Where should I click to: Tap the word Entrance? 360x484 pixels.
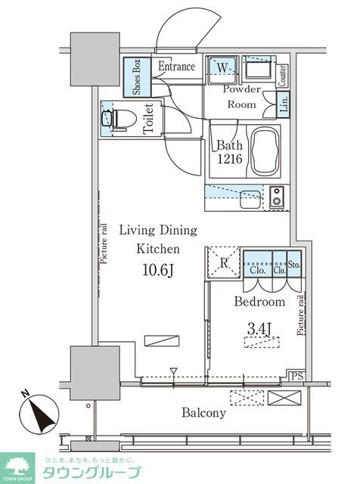(x=176, y=67)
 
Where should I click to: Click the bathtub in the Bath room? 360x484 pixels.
(x=262, y=150)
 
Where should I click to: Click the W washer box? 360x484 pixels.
(x=223, y=68)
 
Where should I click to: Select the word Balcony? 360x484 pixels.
(x=203, y=413)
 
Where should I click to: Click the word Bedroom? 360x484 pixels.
(x=259, y=302)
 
